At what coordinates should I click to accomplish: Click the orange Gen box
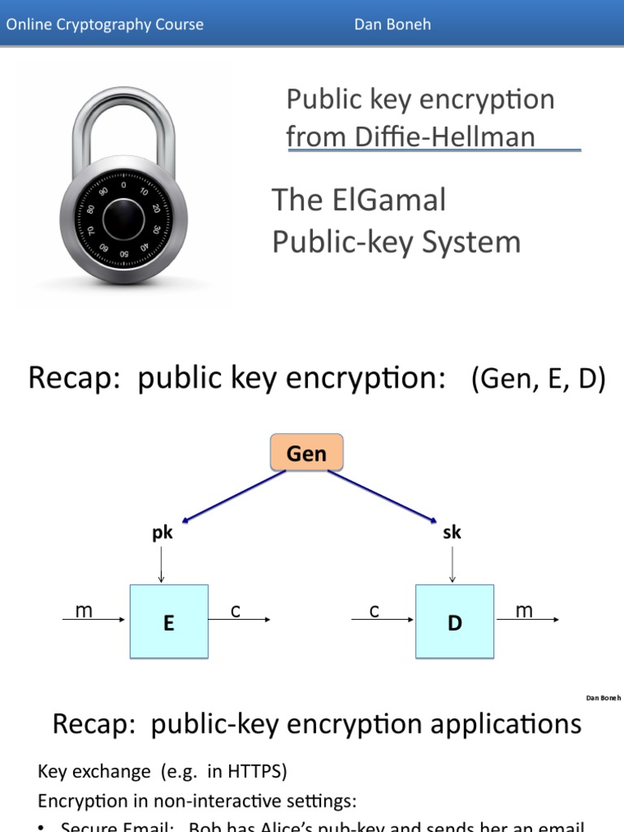[306, 453]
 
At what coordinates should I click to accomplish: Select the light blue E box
[168, 622]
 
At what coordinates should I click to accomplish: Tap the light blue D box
[454, 622]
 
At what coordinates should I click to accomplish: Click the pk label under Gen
[162, 533]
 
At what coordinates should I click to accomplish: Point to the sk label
[452, 533]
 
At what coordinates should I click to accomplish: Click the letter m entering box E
[84, 611]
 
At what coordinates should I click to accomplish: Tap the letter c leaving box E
[235, 611]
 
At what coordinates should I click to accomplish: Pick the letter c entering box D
[374, 611]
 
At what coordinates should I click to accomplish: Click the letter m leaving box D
[524, 611]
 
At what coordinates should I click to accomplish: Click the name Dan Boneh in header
[392, 24]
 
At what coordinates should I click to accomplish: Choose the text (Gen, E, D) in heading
[538, 379]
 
